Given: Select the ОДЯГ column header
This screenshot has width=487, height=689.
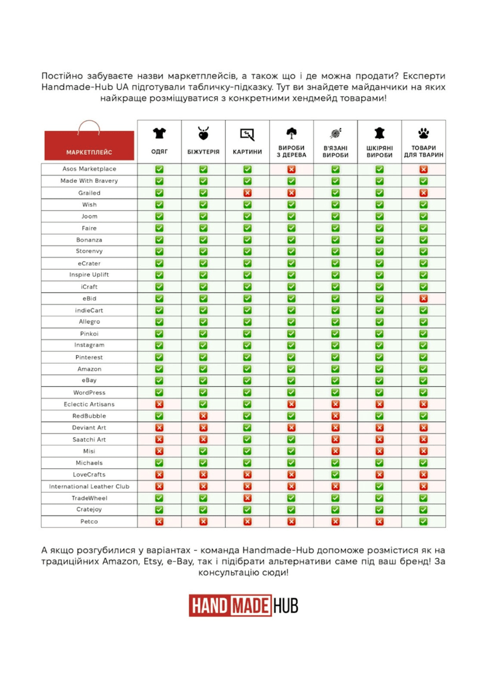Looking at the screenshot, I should coord(159,152).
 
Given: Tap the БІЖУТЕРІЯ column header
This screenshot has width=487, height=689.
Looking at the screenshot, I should coord(203,152).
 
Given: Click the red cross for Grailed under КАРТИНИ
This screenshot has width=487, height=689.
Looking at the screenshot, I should coord(247,193).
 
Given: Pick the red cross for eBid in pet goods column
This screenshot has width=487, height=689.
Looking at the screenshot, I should coord(423,299).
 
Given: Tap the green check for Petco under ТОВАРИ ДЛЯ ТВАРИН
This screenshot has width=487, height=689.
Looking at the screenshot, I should coord(423,521).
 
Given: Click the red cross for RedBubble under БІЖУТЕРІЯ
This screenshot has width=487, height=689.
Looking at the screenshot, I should coord(203,416).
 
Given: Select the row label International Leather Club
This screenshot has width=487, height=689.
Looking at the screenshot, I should coord(89,486).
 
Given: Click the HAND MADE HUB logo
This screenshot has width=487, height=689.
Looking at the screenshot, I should coord(243,606).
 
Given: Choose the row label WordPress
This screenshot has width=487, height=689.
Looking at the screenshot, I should coord(89,392).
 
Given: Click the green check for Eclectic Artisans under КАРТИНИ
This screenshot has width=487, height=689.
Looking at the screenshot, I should coord(247,404).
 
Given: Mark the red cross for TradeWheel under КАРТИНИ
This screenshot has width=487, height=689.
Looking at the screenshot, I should coord(247,498).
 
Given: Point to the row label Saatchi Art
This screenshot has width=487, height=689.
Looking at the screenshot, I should coord(89,439).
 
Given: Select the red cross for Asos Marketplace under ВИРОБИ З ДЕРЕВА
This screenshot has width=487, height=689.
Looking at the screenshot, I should coord(291,169).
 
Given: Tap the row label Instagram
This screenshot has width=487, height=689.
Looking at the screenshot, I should coord(89,345).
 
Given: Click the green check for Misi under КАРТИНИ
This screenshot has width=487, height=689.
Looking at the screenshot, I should coord(247,451).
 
